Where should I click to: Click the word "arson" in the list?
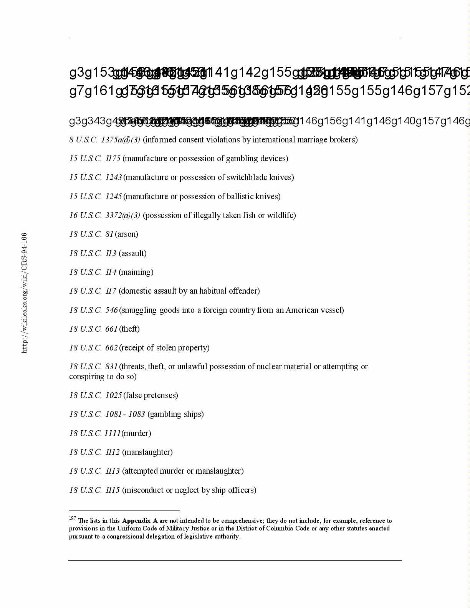(126, 234)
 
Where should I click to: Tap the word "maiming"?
(136, 272)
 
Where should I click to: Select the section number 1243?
(113, 177)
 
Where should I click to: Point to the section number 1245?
(113, 197)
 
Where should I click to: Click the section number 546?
(111, 310)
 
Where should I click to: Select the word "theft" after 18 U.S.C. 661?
(129, 329)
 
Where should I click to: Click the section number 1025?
(113, 395)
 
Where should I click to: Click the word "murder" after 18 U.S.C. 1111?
(136, 433)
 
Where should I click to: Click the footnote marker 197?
(72, 518)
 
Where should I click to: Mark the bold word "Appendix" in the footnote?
(136, 521)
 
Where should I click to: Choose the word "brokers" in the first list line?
(343, 140)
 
